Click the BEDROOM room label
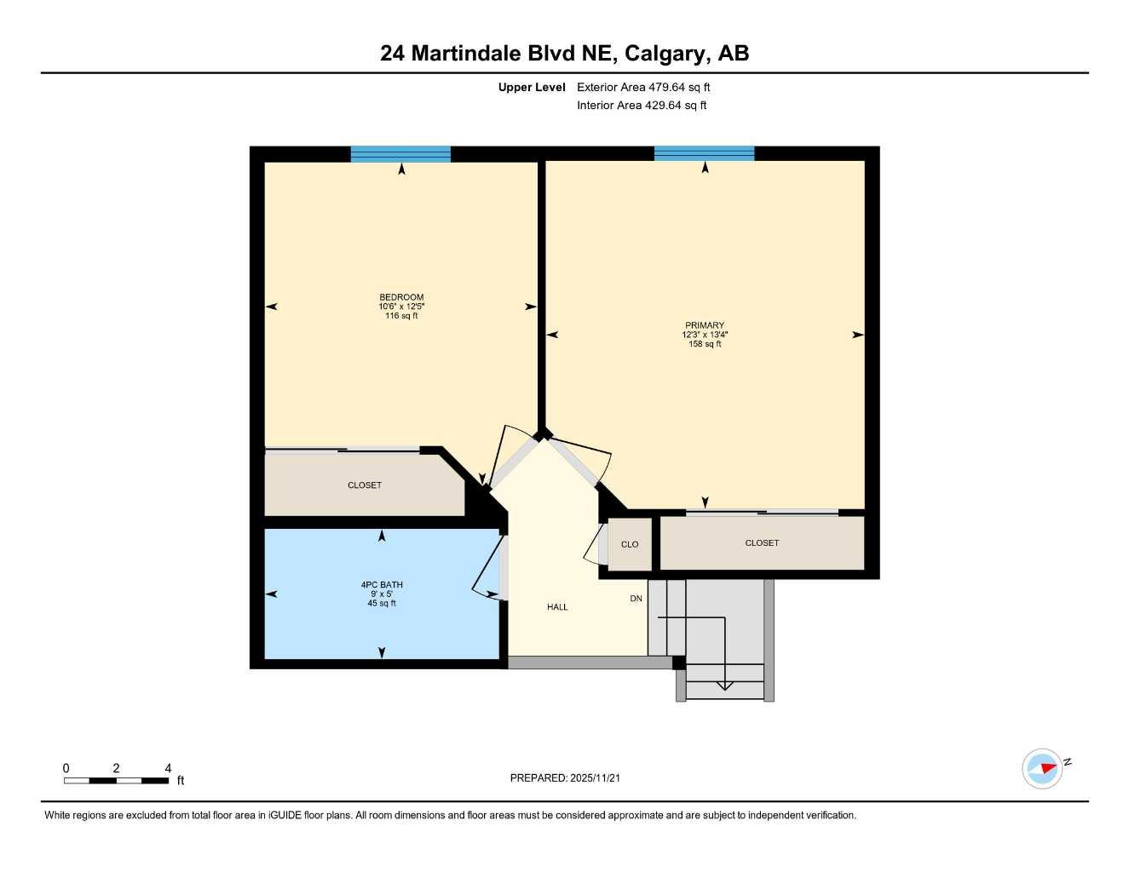point(401,297)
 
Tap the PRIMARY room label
point(705,325)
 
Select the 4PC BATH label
point(382,585)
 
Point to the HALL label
point(557,607)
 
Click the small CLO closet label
point(630,545)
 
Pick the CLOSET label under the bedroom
point(365,485)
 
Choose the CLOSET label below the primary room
point(762,543)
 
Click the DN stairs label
point(636,599)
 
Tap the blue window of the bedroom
point(400,154)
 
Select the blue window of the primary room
point(704,154)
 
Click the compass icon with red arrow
point(1043,769)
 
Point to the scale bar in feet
point(117,780)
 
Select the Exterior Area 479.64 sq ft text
point(643,87)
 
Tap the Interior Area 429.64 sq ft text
point(642,106)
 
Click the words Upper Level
point(532,87)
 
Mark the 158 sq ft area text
point(705,344)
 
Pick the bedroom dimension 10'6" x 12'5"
point(401,307)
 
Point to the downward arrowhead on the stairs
point(724,685)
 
